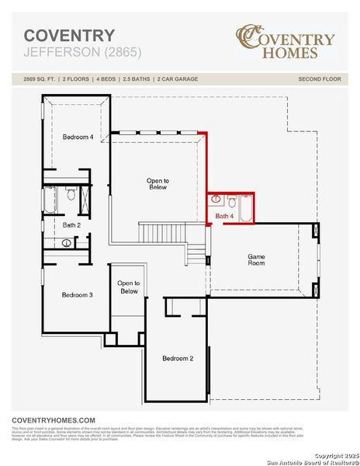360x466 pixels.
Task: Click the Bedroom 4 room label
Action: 78,137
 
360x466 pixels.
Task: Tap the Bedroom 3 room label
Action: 78,294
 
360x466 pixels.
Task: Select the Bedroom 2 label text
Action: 178,358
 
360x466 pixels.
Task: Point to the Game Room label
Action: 256,259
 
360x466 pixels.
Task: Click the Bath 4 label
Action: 224,215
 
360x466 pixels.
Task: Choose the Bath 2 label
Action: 72,224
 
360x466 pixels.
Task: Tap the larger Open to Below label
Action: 157,184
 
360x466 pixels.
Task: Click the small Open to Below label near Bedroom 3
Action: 129,287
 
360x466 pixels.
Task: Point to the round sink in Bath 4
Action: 216,200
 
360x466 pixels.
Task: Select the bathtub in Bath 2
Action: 50,201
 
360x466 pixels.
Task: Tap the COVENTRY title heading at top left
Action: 69,36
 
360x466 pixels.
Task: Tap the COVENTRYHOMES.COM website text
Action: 54,419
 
